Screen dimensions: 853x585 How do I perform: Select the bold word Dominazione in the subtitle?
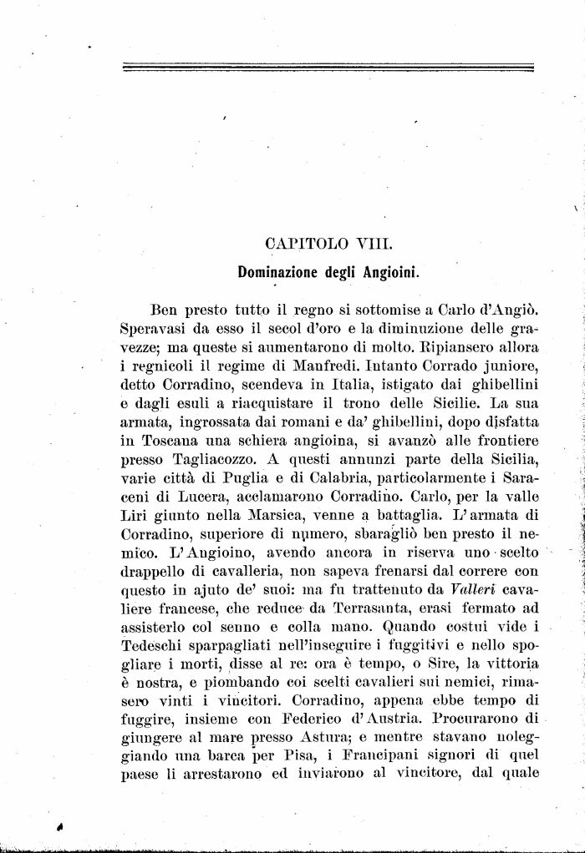[280, 271]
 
